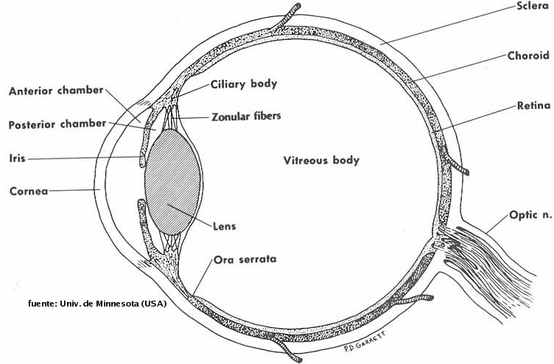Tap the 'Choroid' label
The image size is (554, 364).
point(529,55)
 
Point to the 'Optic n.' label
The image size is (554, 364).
point(530,216)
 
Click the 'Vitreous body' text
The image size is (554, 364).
point(321,160)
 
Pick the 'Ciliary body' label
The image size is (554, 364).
point(244,83)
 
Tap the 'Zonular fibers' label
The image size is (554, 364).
point(246,116)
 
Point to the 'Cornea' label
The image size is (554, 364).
point(29,191)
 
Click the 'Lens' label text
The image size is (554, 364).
point(224,226)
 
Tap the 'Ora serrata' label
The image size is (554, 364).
point(245,259)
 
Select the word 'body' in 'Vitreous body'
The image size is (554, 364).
point(345,160)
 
